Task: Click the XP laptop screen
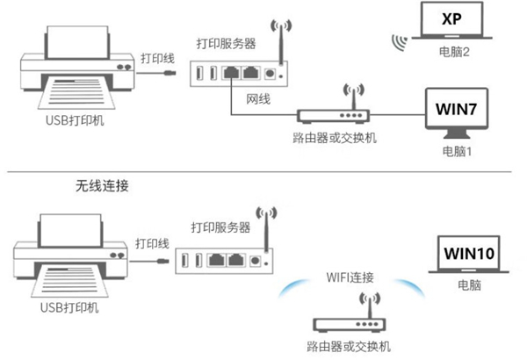click(452, 19)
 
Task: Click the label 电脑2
click(452, 52)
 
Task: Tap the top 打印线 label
click(155, 58)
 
